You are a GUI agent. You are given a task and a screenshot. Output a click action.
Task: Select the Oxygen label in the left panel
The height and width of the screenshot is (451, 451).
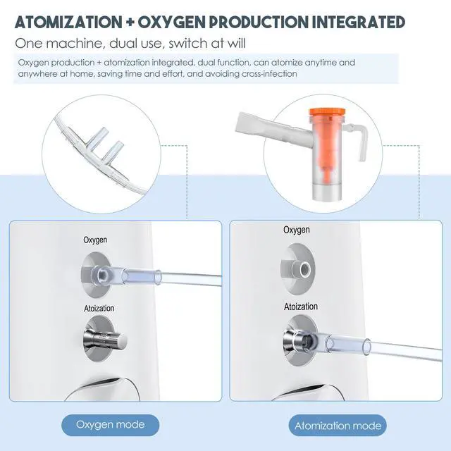coord(96,241)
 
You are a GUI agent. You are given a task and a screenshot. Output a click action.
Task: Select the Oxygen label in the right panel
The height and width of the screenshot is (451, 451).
coord(296,230)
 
